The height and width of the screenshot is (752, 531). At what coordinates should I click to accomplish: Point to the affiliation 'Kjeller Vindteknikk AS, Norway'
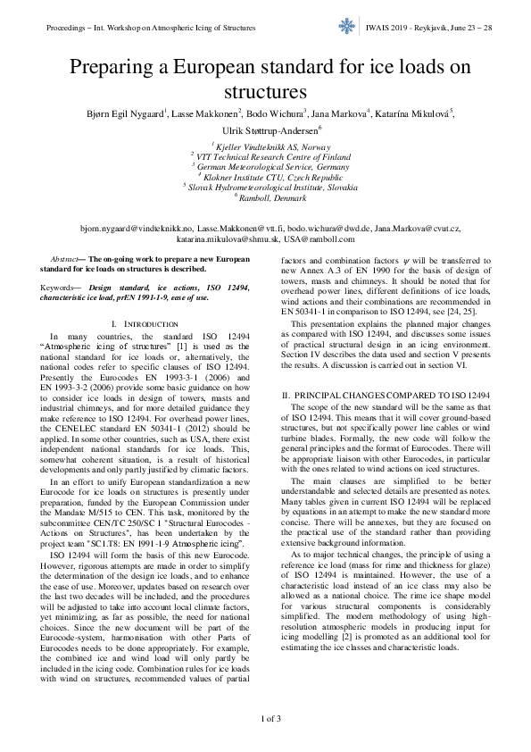click(x=268, y=146)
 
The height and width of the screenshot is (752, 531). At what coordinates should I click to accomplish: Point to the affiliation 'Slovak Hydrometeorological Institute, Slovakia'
click(x=271, y=188)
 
